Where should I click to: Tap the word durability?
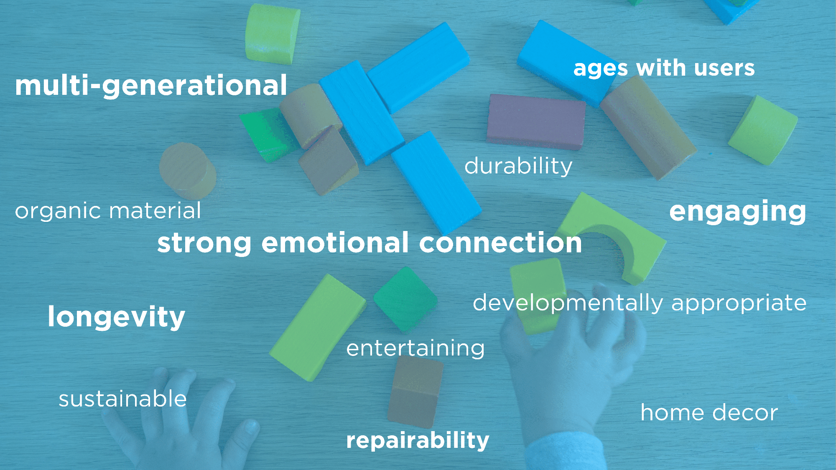click(518, 166)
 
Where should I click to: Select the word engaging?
click(738, 212)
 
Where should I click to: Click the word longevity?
click(116, 317)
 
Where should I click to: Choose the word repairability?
click(418, 440)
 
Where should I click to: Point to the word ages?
click(601, 69)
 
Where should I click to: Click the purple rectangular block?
click(536, 122)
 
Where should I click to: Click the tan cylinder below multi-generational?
click(188, 170)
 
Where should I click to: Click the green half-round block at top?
click(272, 34)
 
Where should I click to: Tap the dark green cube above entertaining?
click(405, 299)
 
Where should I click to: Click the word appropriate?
click(739, 303)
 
